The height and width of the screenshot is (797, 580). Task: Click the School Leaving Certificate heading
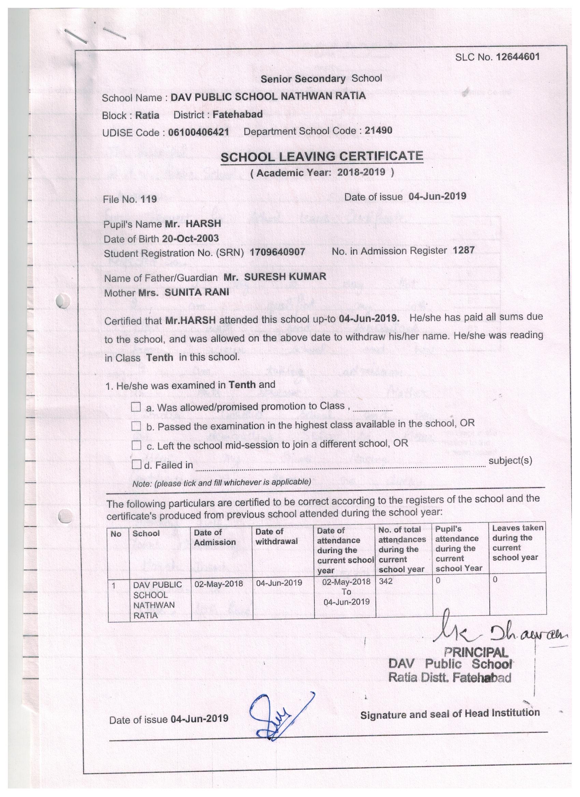pyautogui.click(x=321, y=156)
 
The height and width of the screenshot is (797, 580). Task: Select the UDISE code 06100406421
pyautogui.click(x=198, y=132)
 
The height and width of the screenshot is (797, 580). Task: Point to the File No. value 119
pyautogui.click(x=148, y=199)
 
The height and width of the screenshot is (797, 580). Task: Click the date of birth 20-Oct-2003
pyautogui.click(x=190, y=238)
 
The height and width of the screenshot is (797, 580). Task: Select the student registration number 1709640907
pyautogui.click(x=277, y=252)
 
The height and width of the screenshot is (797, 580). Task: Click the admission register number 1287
pyautogui.click(x=464, y=250)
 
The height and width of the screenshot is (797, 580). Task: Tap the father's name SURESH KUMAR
pyautogui.click(x=285, y=276)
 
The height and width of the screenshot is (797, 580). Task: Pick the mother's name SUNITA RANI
pyautogui.click(x=197, y=292)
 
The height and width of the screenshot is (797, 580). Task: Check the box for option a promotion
pyautogui.click(x=136, y=407)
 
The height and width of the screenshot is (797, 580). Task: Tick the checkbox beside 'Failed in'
pyautogui.click(x=136, y=465)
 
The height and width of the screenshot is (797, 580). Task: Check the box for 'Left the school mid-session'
pyautogui.click(x=136, y=445)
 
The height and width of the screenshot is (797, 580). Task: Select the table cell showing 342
pyautogui.click(x=386, y=581)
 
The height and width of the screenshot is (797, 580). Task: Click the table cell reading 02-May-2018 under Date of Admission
pyautogui.click(x=218, y=584)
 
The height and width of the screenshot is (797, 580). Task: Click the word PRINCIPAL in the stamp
pyautogui.click(x=476, y=652)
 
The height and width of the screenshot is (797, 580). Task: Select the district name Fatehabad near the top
pyautogui.click(x=237, y=114)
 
